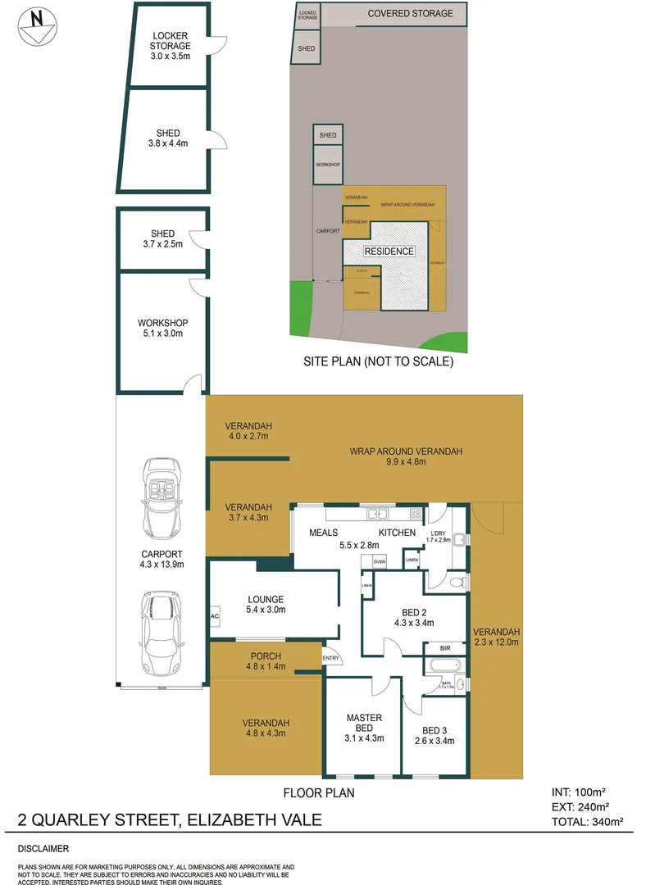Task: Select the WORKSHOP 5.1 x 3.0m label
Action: click(163, 328)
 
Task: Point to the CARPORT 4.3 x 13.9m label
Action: click(161, 559)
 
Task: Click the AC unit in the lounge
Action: click(215, 616)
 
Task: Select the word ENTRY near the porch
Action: click(331, 658)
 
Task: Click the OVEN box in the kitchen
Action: click(402, 562)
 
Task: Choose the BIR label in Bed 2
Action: click(445, 648)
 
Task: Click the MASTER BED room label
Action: click(363, 725)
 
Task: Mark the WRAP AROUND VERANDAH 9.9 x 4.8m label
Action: click(406, 456)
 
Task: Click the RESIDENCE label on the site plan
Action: click(389, 252)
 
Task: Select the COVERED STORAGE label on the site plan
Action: click(410, 13)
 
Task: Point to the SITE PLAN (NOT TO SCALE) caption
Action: click(378, 361)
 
